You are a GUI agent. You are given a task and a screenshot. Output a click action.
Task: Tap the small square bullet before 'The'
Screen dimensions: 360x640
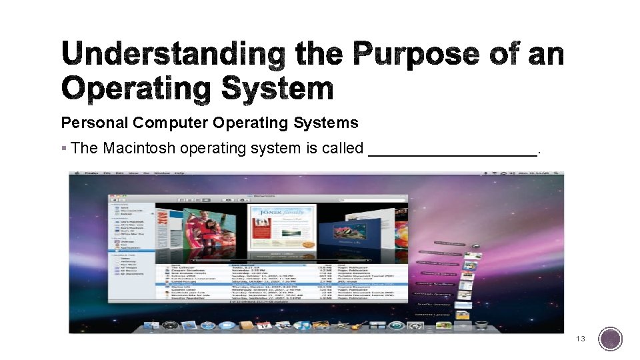pyautogui.click(x=64, y=148)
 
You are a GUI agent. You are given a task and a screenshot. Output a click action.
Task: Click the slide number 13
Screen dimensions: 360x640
pyautogui.click(x=581, y=339)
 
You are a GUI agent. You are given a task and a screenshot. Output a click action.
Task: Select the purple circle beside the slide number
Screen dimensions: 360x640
pyautogui.click(x=610, y=339)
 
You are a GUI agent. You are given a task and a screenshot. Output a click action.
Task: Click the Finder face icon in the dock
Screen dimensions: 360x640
pyautogui.click(x=151, y=325)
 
